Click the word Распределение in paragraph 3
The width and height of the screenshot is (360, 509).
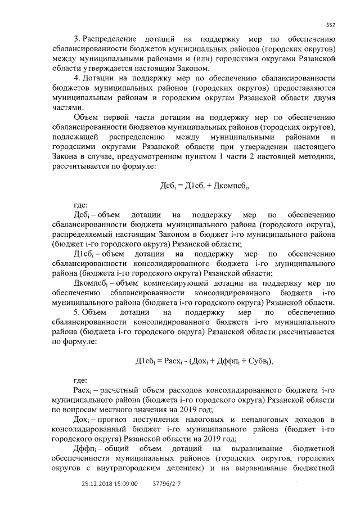[110, 39]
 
